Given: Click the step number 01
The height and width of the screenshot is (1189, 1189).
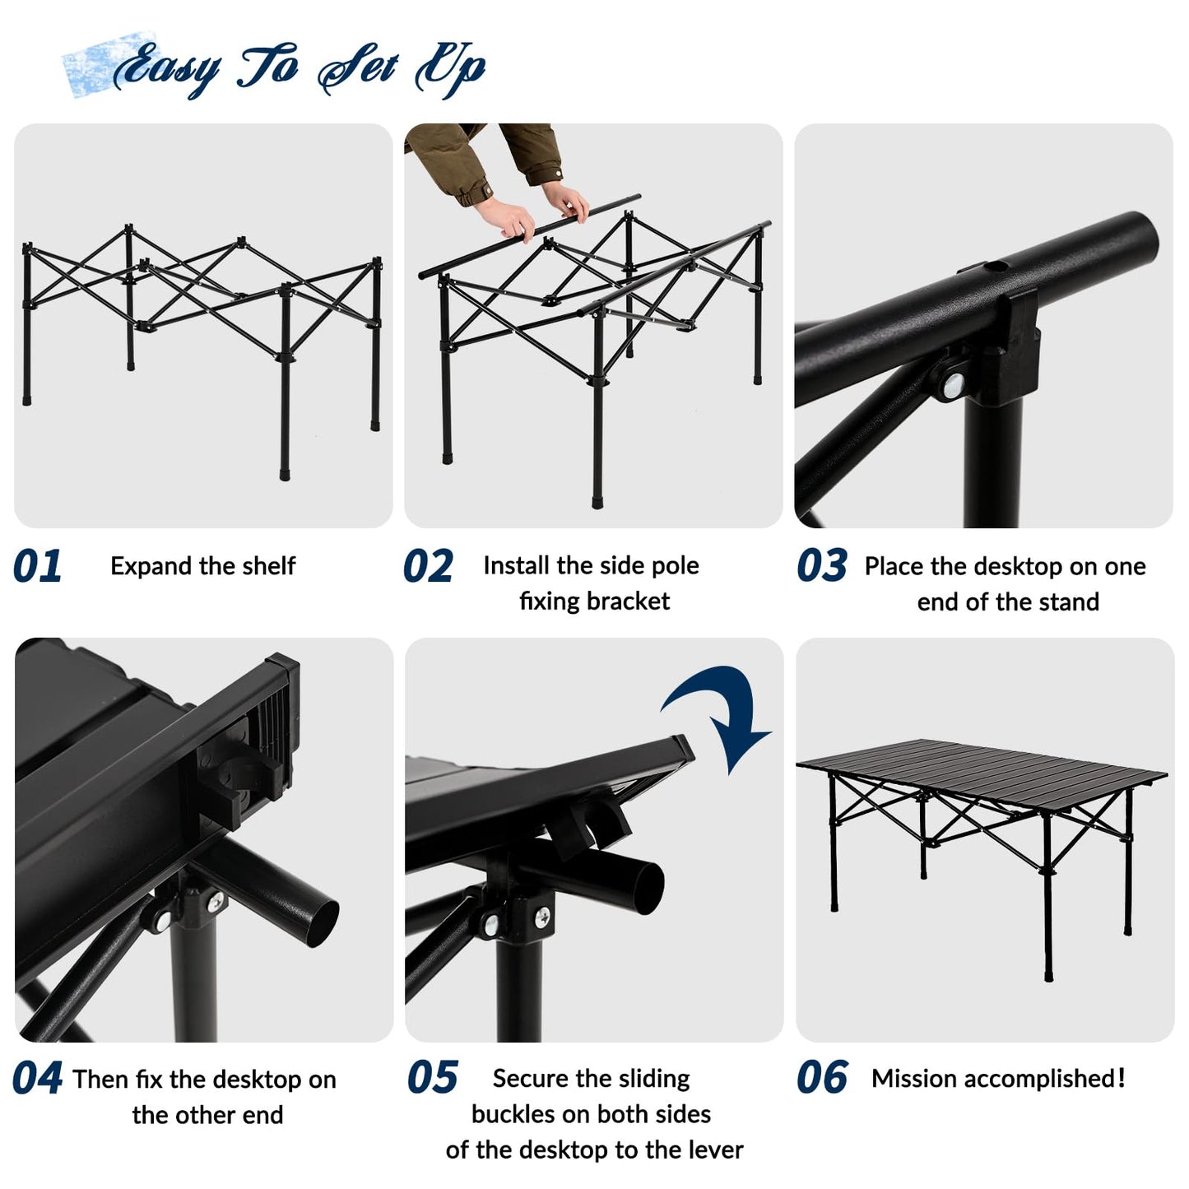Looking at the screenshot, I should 38,567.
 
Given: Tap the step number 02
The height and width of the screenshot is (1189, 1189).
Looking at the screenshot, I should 428,567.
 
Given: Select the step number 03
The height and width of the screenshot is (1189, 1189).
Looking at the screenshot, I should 821,567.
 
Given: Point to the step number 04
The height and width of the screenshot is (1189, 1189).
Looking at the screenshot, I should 37,1079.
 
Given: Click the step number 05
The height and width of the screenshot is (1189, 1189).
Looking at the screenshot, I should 432,1079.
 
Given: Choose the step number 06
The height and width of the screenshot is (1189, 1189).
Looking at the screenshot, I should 821,1079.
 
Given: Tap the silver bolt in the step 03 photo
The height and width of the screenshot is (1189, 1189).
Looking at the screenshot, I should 954,384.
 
